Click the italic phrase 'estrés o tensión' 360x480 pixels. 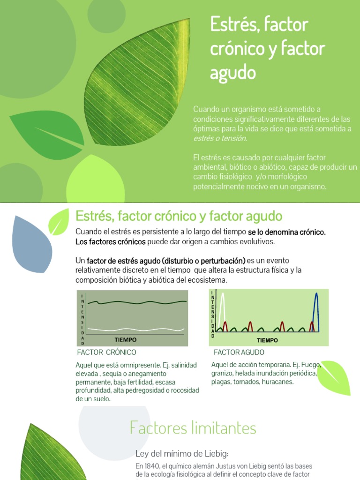tap(220, 138)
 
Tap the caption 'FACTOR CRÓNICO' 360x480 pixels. tap(106, 352)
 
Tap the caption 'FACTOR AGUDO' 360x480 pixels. tap(239, 352)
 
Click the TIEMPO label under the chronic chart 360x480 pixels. tap(126, 339)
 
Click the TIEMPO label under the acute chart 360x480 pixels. tap(267, 340)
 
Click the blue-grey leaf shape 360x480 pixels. tap(31, 244)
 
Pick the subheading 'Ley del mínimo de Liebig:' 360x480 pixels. tap(182, 453)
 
